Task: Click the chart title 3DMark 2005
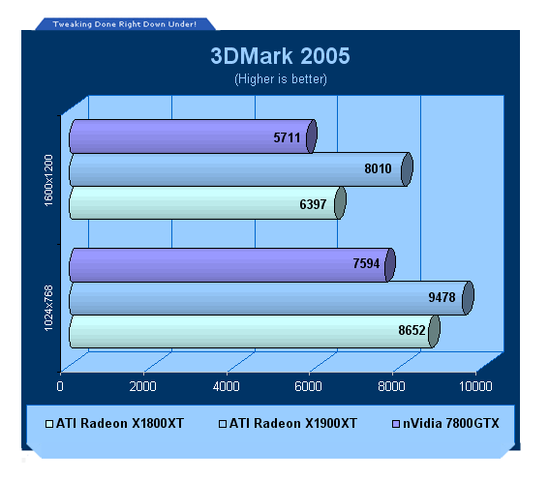click(280, 56)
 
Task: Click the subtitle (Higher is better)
click(281, 79)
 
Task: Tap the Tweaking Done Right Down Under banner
click(124, 24)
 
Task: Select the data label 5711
click(287, 137)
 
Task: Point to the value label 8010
click(378, 168)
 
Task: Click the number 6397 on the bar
click(313, 204)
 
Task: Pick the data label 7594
click(366, 263)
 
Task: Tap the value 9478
click(442, 297)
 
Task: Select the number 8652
click(412, 330)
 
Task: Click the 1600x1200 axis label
click(48, 180)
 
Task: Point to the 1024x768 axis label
click(48, 308)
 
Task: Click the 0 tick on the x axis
click(60, 386)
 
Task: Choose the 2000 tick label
click(143, 386)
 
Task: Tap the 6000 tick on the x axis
click(308, 386)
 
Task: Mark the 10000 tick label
click(475, 386)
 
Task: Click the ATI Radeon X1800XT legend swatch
click(49, 424)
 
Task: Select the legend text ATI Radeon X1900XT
click(293, 423)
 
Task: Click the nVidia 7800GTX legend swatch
click(396, 424)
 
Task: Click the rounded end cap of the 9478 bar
click(468, 298)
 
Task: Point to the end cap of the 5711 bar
click(312, 136)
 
